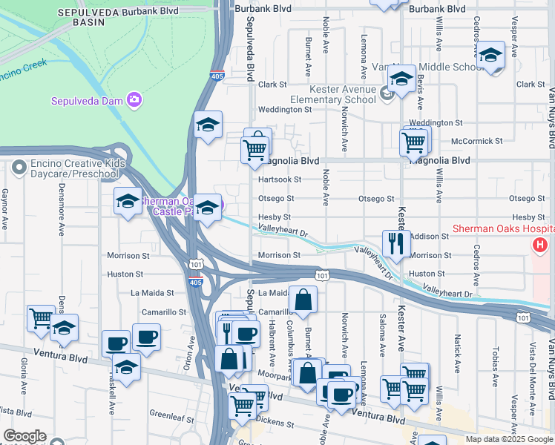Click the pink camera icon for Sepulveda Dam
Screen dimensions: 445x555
tap(134, 99)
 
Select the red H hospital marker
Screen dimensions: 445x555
tap(541, 244)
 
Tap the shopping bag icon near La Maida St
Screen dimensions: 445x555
tap(303, 300)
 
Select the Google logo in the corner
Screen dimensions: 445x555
tap(24, 436)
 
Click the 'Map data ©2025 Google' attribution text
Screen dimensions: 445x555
tap(509, 439)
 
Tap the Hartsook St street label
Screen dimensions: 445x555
tap(280, 179)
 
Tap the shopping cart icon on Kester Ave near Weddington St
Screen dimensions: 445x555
tap(414, 139)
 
